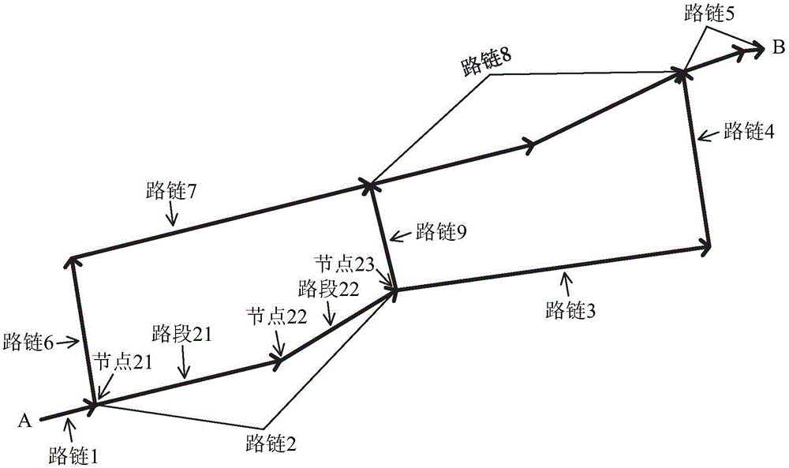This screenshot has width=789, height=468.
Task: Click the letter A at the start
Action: click(24, 420)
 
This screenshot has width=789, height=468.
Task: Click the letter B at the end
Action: click(778, 48)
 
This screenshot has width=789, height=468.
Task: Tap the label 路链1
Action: click(74, 456)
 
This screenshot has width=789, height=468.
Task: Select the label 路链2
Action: click(271, 444)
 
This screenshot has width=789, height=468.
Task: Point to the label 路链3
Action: click(570, 310)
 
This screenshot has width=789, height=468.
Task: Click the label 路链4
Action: click(749, 131)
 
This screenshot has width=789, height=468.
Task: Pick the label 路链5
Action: click(709, 13)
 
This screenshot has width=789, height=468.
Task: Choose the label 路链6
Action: click(28, 343)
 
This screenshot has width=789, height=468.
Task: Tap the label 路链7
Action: click(171, 191)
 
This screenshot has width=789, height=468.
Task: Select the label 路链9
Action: click(441, 232)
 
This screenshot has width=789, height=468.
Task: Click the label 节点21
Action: click(123, 362)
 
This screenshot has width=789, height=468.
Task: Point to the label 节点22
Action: click(277, 317)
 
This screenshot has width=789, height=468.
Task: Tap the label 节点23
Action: click(345, 264)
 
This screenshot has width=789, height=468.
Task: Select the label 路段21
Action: click(181, 334)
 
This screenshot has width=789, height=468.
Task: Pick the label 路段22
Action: click(328, 290)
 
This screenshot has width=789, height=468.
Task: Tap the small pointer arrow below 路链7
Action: click(172, 215)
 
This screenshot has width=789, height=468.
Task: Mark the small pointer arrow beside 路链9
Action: click(401, 235)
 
